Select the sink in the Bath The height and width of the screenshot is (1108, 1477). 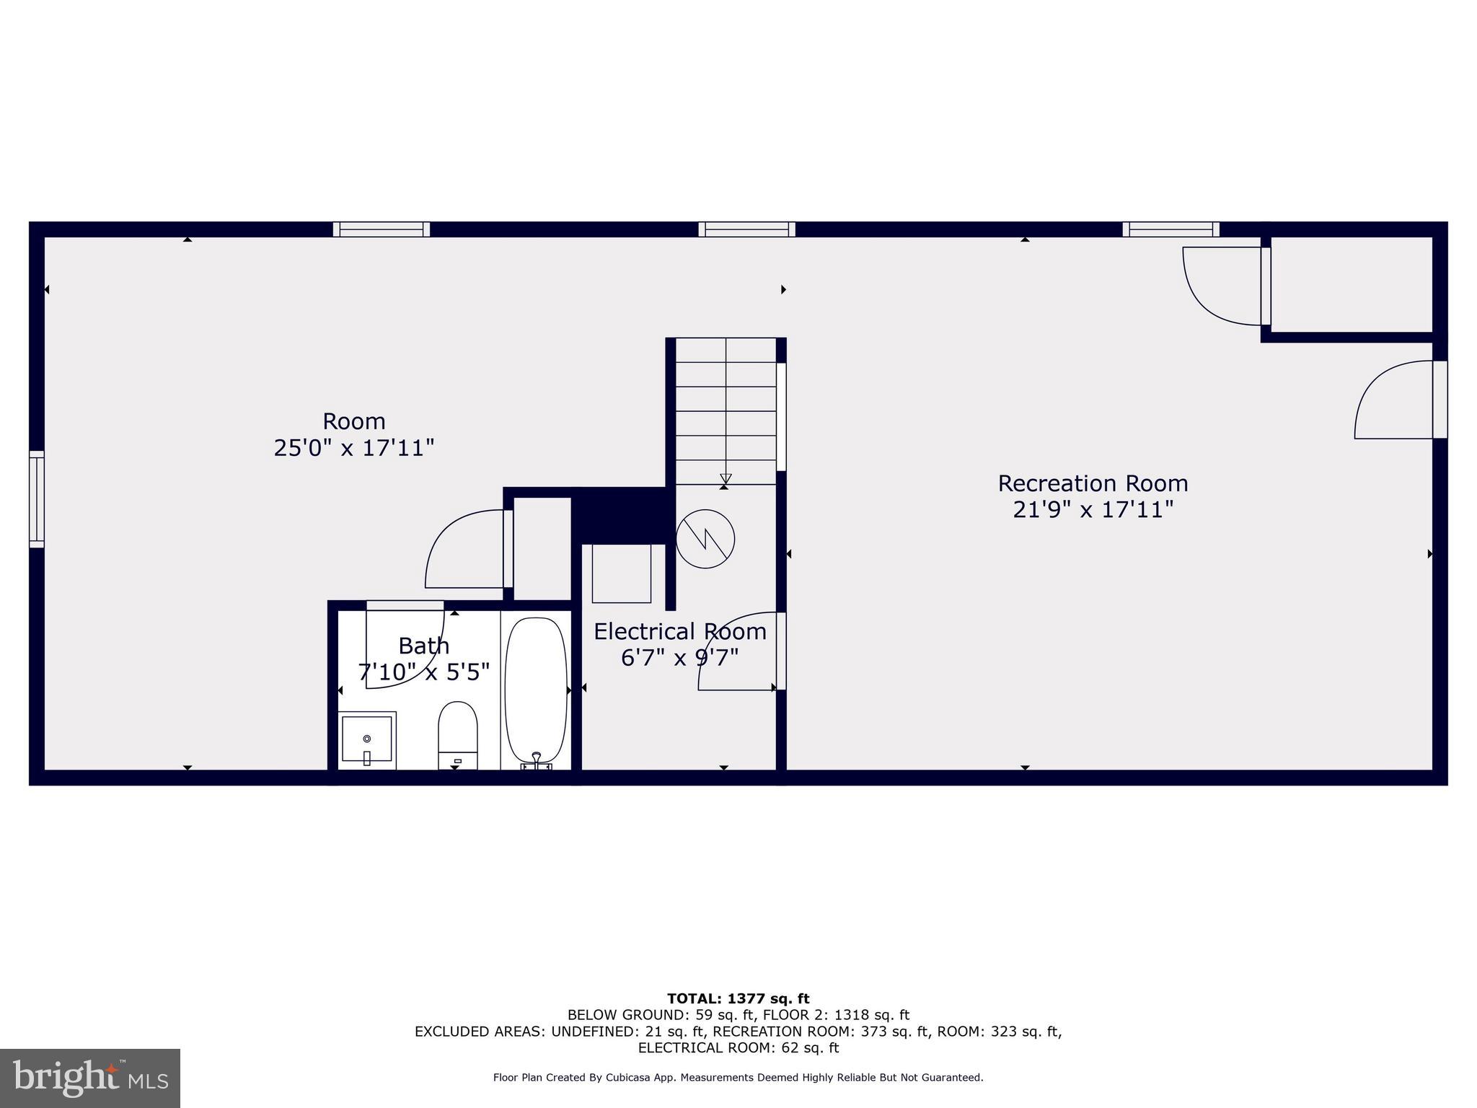coord(367,739)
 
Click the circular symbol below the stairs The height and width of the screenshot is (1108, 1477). coord(705,539)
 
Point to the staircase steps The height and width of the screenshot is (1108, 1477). coord(726,411)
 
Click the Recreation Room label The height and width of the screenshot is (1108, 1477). coord(1093,483)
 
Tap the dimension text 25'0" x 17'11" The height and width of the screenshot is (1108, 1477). coord(353,448)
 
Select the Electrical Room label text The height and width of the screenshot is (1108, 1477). coord(679,632)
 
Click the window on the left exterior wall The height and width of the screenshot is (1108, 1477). coord(37,499)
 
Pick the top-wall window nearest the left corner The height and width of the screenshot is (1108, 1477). coord(382,229)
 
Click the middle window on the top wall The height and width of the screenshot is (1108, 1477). coord(746,229)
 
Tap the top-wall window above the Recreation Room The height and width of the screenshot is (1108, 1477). coord(1170,229)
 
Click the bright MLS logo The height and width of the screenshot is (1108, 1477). coord(90,1078)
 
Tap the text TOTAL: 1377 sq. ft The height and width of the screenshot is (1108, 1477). coord(738,999)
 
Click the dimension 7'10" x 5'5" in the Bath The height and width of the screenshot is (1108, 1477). coord(423,672)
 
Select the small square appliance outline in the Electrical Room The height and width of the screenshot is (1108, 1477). coord(622,573)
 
